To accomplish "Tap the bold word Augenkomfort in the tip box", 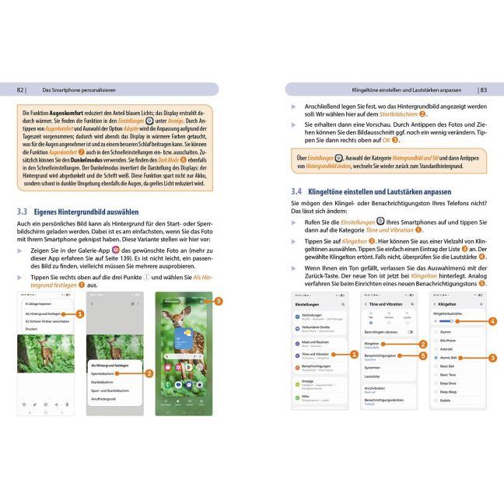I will pos(67,112).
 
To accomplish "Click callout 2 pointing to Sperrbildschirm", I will pos(148,373).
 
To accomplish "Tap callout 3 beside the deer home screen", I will pos(219,300).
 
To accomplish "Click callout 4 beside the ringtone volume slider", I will pos(492,320).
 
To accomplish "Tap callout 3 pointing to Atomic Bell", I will pos(492,358).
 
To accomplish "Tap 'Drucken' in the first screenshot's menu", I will pos(32,328).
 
